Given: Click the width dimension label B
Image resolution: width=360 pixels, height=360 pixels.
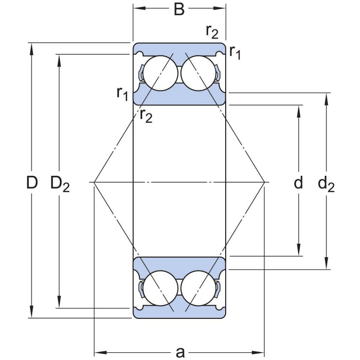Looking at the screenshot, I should click(x=179, y=9).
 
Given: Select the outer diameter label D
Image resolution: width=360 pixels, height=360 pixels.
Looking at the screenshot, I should click(x=32, y=183).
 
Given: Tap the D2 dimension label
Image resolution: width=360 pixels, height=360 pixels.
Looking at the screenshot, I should click(x=60, y=184).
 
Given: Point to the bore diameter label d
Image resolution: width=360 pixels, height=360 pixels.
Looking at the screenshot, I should click(x=298, y=183).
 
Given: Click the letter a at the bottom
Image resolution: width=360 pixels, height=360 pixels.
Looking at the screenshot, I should click(x=180, y=352).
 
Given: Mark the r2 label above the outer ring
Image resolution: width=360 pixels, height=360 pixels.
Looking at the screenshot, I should click(x=212, y=32).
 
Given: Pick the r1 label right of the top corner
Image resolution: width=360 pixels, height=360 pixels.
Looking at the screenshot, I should click(x=235, y=52).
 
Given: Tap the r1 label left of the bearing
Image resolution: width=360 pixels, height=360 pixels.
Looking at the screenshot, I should click(x=122, y=93).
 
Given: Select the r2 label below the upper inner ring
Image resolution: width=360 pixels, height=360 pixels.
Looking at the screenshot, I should click(x=146, y=116).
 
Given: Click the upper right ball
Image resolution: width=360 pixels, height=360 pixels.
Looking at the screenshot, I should click(x=198, y=73).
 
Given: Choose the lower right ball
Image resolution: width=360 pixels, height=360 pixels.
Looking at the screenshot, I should click(x=198, y=288).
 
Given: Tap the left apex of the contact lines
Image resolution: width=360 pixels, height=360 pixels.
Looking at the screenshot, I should click(x=94, y=182).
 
